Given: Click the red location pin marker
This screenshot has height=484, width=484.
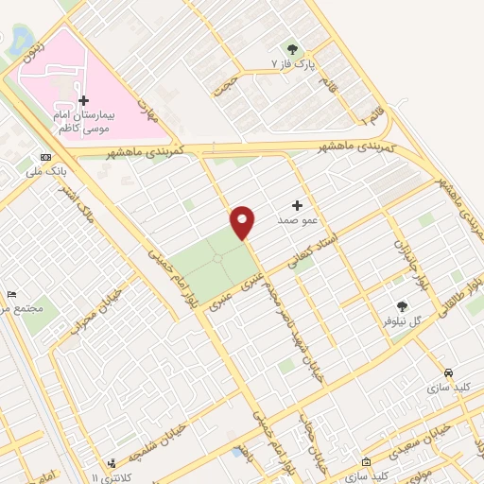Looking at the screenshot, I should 243,221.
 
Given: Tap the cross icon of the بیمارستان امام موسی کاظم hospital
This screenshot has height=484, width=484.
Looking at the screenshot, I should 83,100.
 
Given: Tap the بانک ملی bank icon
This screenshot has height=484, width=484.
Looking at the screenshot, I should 46,157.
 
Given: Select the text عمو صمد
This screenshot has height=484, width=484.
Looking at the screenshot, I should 295,220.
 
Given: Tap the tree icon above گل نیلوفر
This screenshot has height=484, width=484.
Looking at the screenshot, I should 403,305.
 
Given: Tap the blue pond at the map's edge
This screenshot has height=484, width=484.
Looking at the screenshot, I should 19,39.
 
